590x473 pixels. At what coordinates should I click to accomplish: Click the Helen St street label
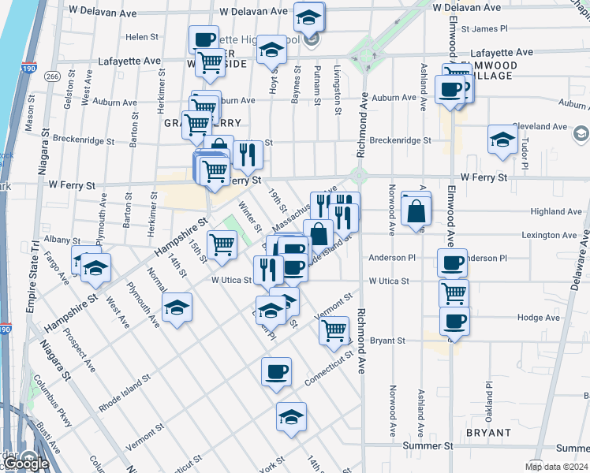[143, 37]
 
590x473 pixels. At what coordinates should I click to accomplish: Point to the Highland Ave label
[556, 211]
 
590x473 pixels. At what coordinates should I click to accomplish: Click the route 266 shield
[52, 76]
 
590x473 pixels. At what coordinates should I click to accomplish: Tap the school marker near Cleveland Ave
[502, 140]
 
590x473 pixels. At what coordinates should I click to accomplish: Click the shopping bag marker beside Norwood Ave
[416, 210]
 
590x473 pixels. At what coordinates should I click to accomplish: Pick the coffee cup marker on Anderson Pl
[453, 263]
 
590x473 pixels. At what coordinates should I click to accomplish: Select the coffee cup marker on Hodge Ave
[454, 321]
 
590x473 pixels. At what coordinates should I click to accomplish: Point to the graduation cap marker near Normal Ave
[177, 307]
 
